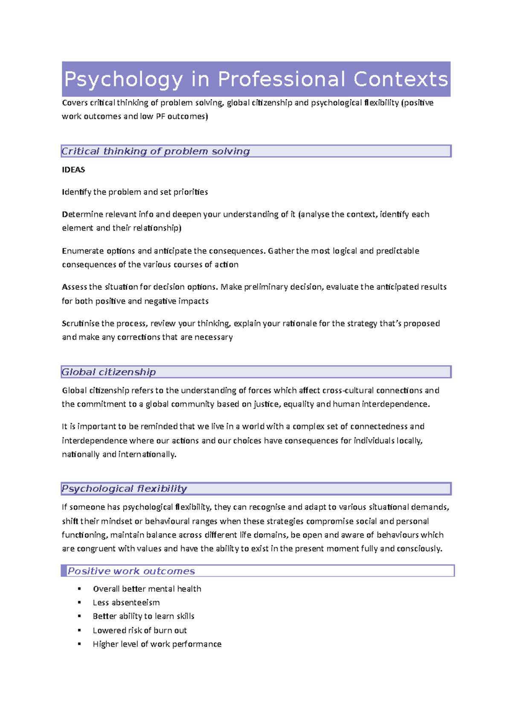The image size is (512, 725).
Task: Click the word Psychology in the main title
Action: (123, 80)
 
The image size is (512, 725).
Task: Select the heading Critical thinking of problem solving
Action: (155, 151)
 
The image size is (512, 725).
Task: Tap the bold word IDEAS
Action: (73, 170)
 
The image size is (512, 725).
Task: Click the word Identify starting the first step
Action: (76, 192)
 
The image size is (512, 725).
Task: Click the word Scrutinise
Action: (81, 323)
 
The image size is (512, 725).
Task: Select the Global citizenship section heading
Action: (109, 372)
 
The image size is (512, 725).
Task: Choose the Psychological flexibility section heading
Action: (124, 488)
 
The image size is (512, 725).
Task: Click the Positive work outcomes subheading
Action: (131, 571)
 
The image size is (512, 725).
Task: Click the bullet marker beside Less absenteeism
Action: (79, 602)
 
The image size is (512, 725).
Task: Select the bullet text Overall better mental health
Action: (147, 589)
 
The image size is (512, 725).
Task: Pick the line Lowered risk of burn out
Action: (140, 630)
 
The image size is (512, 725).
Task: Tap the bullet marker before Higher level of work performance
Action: (79, 644)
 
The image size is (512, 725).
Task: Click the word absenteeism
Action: (135, 602)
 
